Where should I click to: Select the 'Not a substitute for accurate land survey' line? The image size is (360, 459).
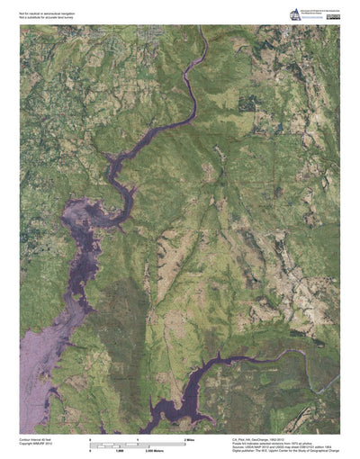[45, 18]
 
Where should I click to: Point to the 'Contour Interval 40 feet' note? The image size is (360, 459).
[38, 438]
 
